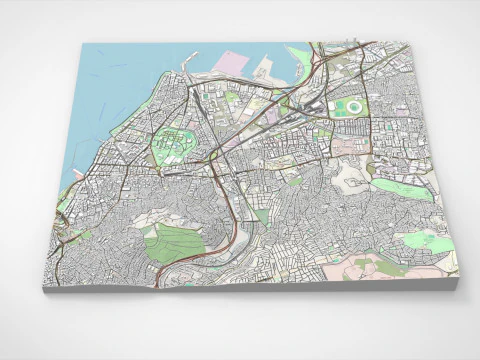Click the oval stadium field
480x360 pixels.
351,106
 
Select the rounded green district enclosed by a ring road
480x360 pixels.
178,146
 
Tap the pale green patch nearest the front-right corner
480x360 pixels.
425,241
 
